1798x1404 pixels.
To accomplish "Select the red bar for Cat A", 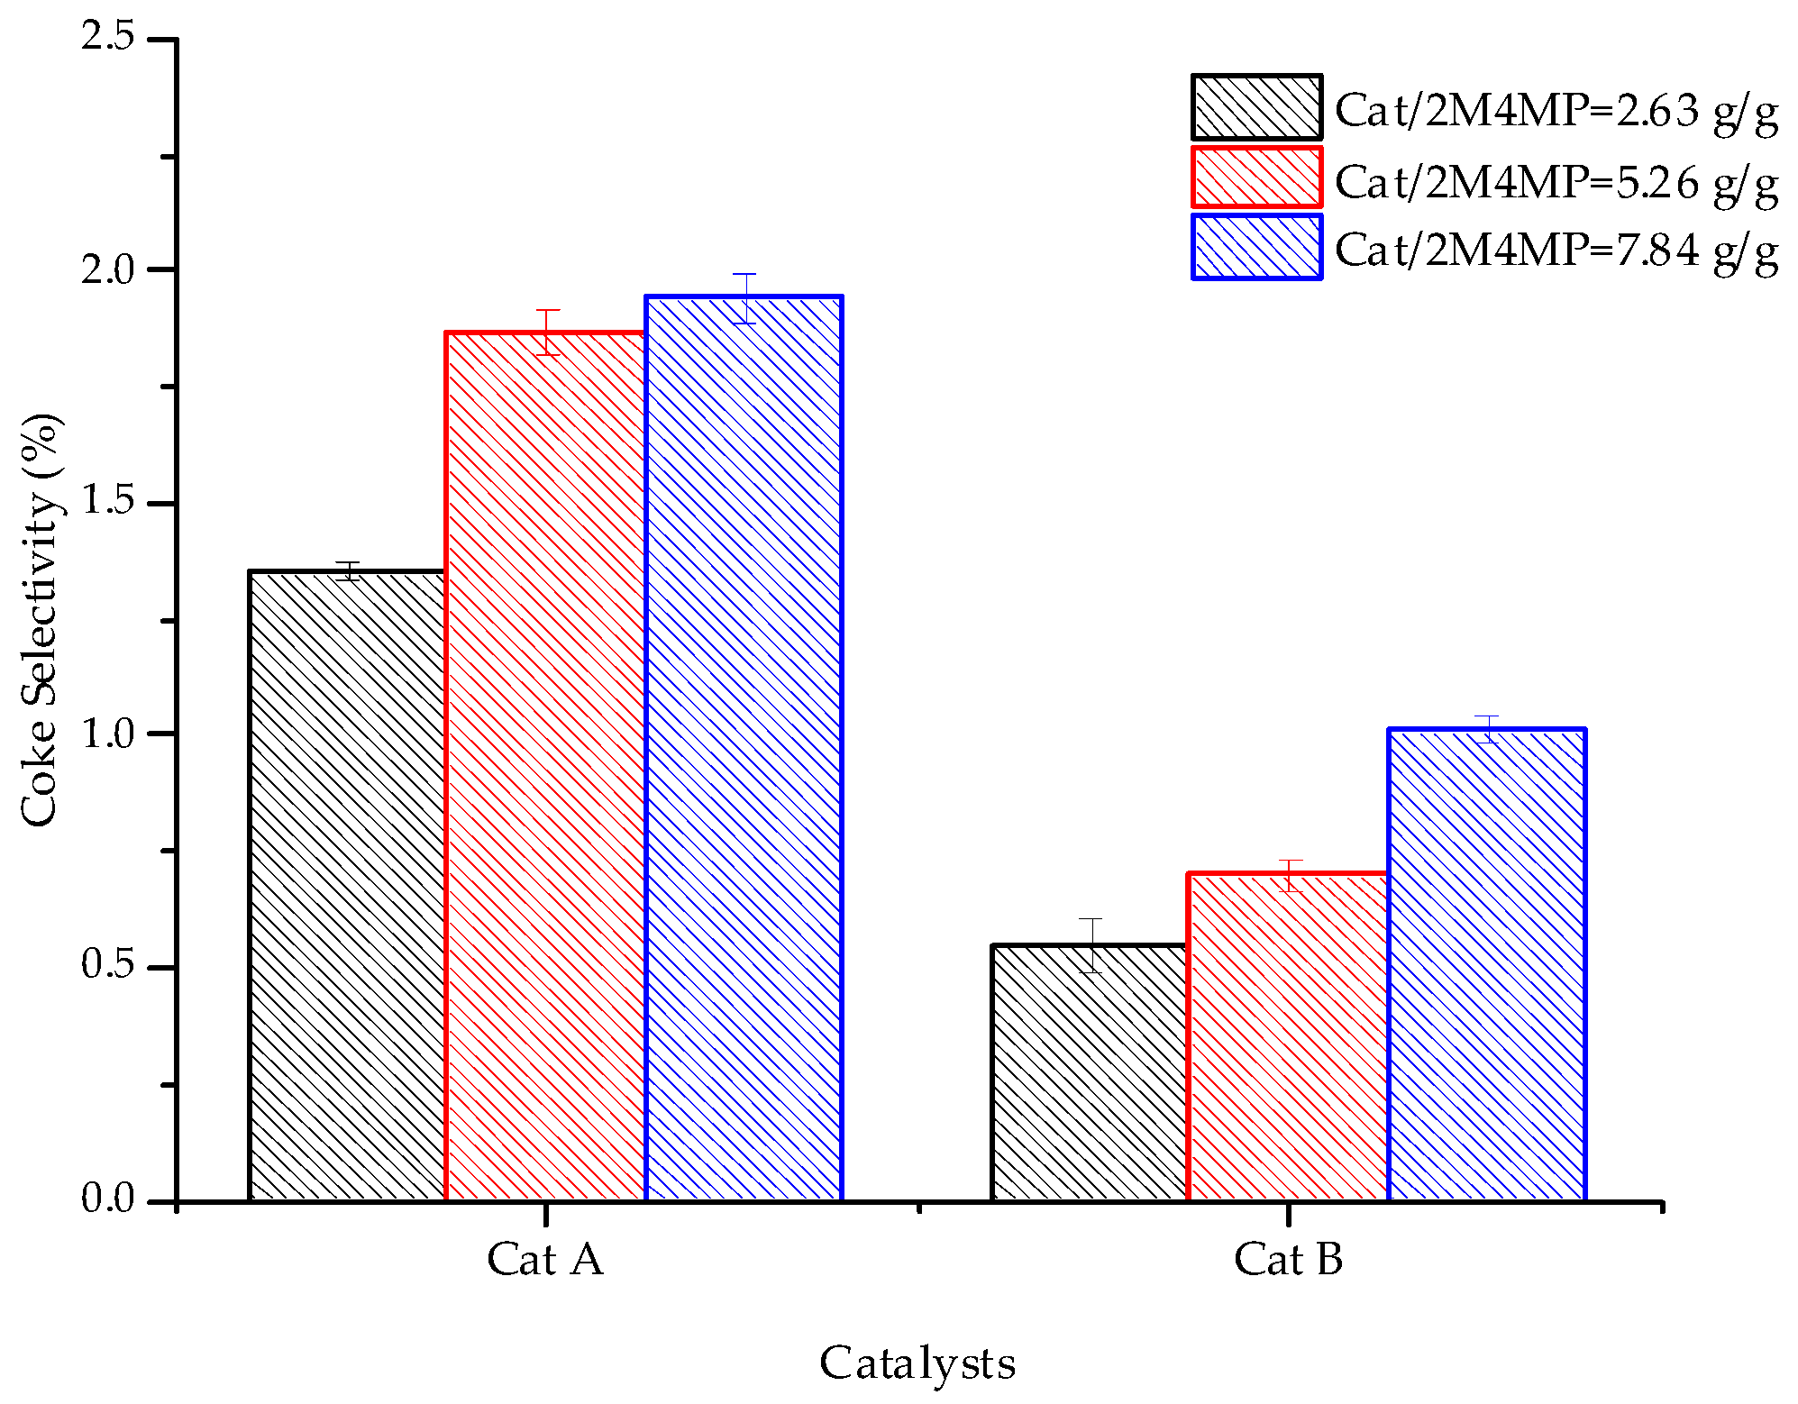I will tap(546, 766).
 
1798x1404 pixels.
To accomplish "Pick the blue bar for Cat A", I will tap(744, 748).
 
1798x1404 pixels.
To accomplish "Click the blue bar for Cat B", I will tap(1487, 964).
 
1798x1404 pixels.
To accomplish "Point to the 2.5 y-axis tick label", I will tap(107, 38).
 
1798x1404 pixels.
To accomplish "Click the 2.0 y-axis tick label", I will tap(107, 269).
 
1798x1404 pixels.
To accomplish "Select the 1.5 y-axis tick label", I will tap(107, 502).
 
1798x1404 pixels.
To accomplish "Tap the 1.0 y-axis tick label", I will tap(107, 734).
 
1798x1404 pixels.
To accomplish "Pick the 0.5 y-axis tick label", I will tap(107, 966).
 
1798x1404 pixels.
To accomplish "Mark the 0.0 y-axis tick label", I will tap(107, 1199).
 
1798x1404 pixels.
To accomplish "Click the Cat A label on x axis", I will tap(545, 1259).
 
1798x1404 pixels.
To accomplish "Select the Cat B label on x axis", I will tap(1288, 1259).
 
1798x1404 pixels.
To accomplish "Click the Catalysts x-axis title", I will tap(917, 1364).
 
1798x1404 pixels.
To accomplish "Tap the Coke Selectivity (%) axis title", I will tap(41, 620).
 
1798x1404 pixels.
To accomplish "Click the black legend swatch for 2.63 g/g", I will tap(1256, 107).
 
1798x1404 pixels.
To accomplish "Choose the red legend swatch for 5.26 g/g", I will tap(1256, 178).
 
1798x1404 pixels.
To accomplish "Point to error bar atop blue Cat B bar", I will tap(1486, 728).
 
